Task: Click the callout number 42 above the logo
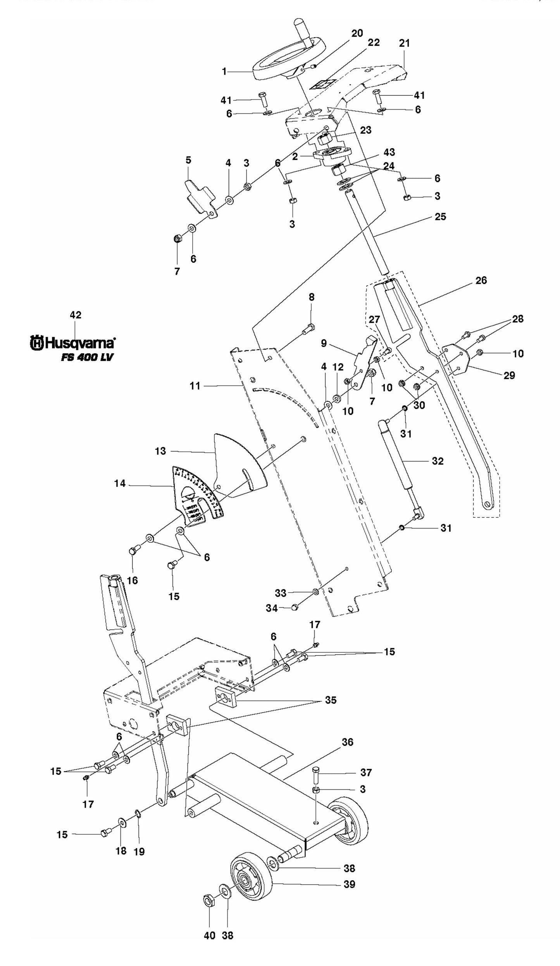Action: coord(76,315)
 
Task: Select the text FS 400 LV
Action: coord(87,357)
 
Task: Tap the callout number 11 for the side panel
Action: coord(195,386)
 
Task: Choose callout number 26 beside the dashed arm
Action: coord(481,280)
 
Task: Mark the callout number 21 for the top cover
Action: coord(404,43)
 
